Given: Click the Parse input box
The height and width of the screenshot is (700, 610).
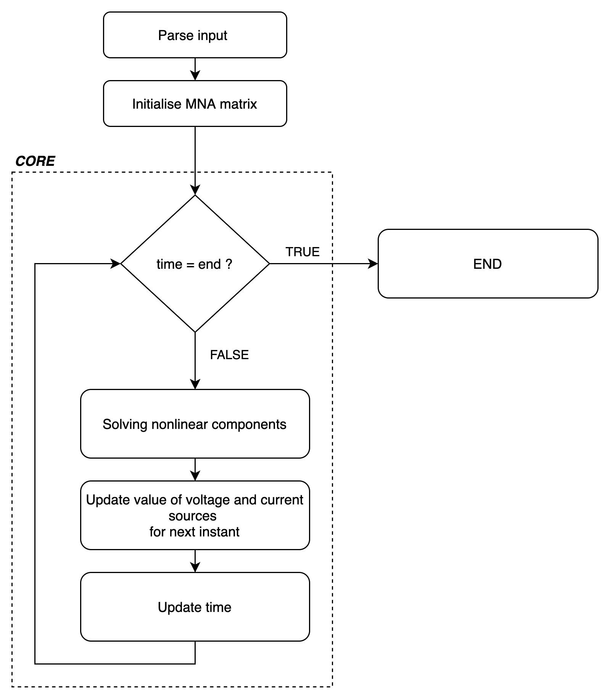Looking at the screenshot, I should [195, 35].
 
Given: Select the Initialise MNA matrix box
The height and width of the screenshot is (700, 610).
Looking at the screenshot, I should [195, 104].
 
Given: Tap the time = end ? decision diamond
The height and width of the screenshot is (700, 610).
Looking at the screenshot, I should [195, 263].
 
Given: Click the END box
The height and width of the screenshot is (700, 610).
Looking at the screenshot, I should [488, 263].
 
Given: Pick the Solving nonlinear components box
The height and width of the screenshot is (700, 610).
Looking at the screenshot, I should [195, 424].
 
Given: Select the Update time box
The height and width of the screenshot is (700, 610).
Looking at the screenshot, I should [195, 607].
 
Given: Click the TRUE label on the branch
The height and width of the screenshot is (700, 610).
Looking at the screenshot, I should [303, 252].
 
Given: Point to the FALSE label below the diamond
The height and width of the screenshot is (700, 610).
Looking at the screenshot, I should [229, 355].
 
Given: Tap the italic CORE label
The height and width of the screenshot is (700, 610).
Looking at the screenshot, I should [35, 161].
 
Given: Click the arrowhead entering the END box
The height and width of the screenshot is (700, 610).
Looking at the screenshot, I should [373, 263].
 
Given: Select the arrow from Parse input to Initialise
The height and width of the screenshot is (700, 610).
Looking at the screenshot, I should [195, 69].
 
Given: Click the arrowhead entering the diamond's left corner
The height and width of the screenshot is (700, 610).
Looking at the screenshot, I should [116, 263].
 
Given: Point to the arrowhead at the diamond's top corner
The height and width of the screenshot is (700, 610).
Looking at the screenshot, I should [195, 190].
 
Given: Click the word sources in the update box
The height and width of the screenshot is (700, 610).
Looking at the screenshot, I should [192, 516].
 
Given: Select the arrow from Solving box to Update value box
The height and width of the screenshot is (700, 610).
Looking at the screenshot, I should [195, 470].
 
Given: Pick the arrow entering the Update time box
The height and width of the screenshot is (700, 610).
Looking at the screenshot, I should [195, 561].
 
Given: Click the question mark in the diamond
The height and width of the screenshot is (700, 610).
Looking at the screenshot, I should [229, 264].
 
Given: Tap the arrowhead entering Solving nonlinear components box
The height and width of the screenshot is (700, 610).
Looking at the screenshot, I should [195, 384].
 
